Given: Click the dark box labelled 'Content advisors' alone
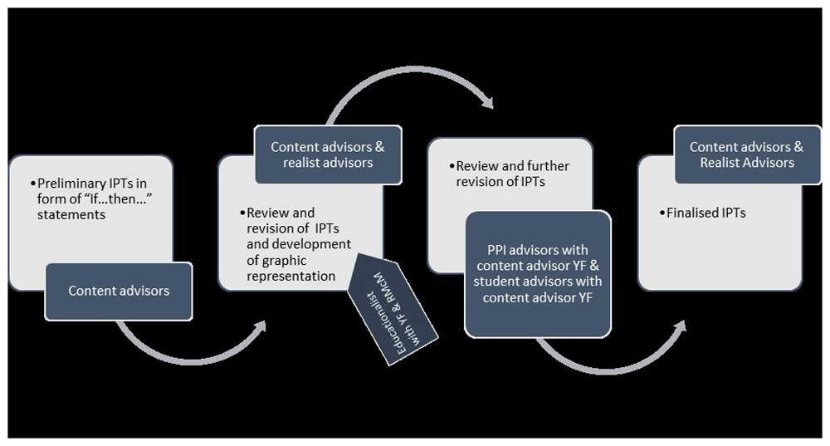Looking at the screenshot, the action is (x=119, y=292).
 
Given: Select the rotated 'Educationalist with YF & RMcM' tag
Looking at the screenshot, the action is (x=393, y=309).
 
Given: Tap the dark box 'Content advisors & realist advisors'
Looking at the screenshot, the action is (x=328, y=154).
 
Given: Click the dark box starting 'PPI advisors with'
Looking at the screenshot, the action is (x=538, y=274).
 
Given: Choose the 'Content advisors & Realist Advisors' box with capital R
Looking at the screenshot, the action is (x=747, y=154).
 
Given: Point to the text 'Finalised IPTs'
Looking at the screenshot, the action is (x=706, y=213).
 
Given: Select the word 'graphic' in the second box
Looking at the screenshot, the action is (x=285, y=261).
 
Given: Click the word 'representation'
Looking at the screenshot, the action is (x=291, y=277).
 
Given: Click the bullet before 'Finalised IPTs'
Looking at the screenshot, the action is (x=662, y=213).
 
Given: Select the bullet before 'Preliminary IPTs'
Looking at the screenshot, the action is (x=33, y=184).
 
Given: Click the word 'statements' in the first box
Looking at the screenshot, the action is (x=71, y=215).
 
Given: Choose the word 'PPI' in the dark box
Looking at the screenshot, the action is (x=496, y=250).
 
